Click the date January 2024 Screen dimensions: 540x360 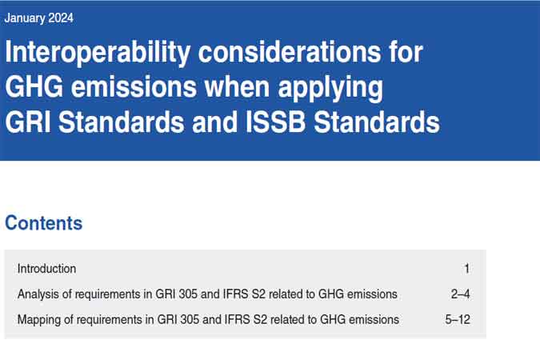(38, 18)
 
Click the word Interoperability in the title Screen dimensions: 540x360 (98, 52)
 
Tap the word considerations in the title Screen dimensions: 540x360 (290, 52)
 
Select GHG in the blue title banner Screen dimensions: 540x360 (34, 87)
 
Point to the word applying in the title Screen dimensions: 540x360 (330, 89)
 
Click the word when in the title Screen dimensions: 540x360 (237, 86)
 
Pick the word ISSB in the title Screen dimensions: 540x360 (275, 122)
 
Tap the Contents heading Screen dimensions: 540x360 (44, 223)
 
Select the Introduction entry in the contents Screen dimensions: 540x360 (47, 269)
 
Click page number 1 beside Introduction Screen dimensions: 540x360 (466, 269)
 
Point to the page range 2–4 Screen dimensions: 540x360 (461, 294)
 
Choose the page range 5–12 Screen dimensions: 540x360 (458, 320)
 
